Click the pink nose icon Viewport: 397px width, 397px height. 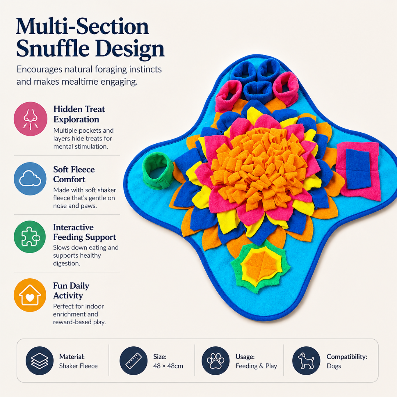coord(31,119)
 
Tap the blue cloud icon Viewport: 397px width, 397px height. coord(30,179)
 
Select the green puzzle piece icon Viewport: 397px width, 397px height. coord(30,237)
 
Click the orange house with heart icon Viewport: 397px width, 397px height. coord(30,295)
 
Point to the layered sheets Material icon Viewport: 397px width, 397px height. coord(39,361)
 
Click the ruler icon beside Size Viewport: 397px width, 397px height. coord(133,361)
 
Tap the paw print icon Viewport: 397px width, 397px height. coord(215,361)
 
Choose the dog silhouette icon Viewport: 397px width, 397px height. coord(306,361)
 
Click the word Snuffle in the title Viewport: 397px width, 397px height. coord(53,48)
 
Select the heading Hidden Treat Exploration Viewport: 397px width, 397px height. coord(79,114)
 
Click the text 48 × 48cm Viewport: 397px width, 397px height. coord(168,366)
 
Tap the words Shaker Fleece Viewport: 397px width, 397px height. coord(78,366)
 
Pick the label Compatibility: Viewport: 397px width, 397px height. coord(347,357)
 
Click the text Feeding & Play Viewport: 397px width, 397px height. coord(256,366)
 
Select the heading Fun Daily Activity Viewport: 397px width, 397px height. coord(71,291)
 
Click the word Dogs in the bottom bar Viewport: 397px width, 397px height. coord(334,366)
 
